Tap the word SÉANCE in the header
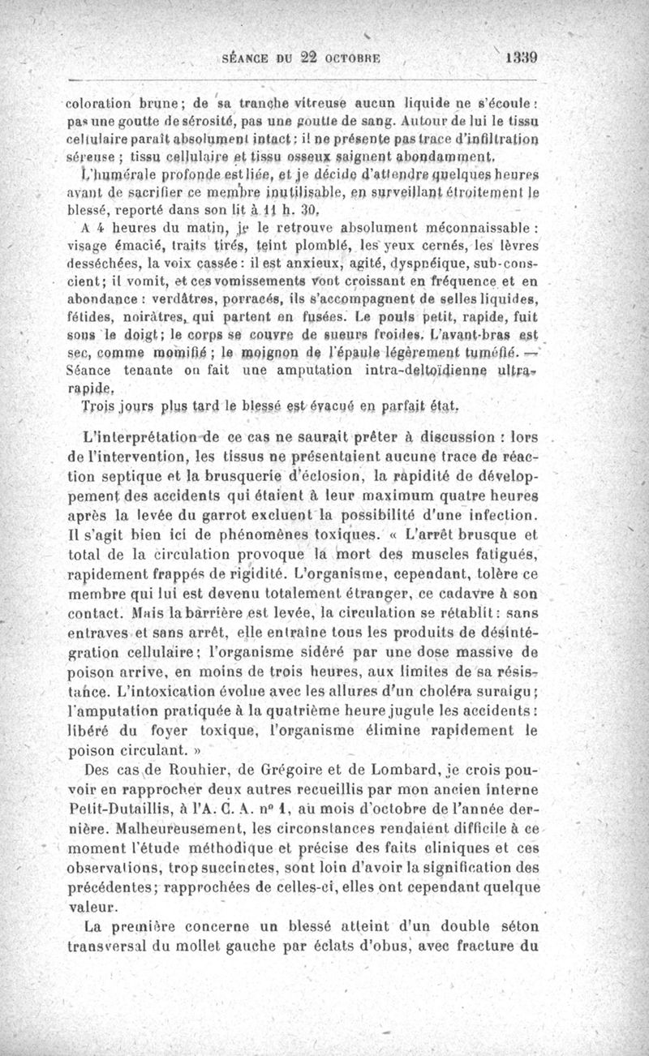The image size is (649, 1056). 243,58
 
